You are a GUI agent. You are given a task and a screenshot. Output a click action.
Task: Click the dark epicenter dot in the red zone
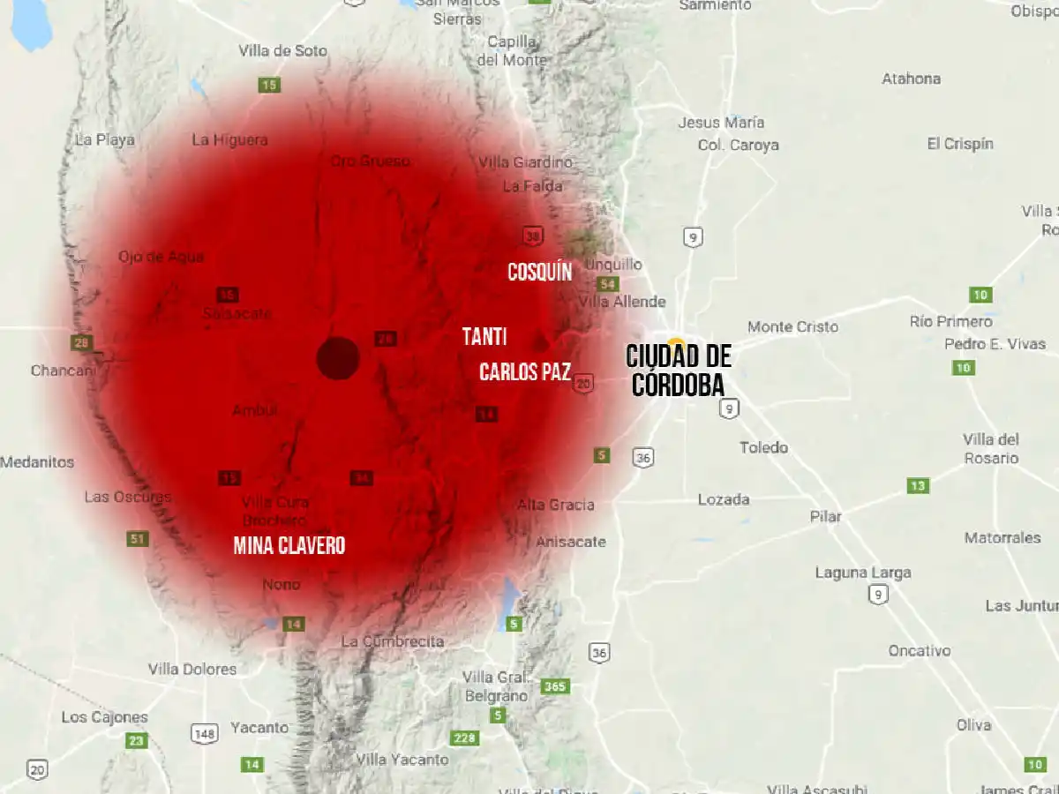pos(338,358)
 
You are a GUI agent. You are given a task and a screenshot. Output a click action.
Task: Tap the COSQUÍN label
pos(539,272)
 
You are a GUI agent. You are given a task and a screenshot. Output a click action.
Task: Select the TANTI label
pos(484,336)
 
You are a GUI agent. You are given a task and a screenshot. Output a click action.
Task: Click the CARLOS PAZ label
pos(524,371)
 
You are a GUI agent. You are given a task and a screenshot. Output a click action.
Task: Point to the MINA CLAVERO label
pos(289,545)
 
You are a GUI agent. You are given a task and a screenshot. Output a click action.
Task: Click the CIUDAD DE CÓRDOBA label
pos(678,371)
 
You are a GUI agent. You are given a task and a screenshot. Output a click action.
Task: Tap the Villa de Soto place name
pos(282,51)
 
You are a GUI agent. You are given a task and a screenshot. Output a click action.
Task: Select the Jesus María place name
pos(721,123)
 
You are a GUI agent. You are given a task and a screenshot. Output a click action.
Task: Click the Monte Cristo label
pos(792,326)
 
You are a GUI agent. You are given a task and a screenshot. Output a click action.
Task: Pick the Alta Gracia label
pos(555,505)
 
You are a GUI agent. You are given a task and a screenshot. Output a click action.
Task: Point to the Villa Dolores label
pos(192,669)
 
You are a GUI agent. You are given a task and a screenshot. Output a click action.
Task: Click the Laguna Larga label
pos(862,573)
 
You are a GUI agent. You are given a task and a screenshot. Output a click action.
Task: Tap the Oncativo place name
pos(920,650)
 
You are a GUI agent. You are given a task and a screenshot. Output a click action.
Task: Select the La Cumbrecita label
pos(392,641)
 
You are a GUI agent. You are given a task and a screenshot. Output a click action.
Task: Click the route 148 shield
pos(204,733)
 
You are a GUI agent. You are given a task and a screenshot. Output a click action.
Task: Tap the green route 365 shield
pos(555,686)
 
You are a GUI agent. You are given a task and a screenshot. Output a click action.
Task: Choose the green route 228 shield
pos(464,738)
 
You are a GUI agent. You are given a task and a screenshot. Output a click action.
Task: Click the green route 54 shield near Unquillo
pos(606,284)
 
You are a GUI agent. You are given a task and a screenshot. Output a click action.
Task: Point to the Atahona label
pos(911,79)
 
